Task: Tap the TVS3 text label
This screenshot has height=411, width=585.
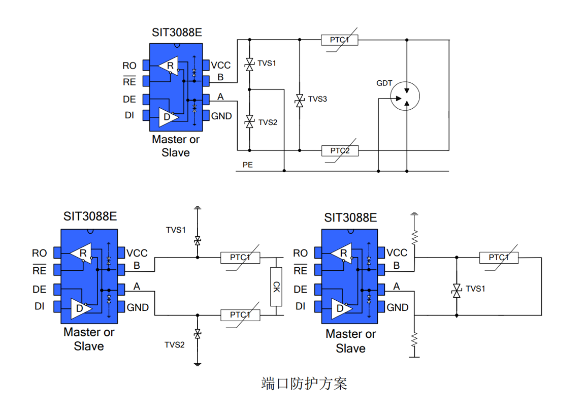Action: click(317, 99)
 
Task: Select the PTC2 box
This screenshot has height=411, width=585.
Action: click(340, 151)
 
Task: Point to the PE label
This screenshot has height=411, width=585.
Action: click(248, 165)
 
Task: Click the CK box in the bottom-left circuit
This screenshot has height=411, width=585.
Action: click(276, 287)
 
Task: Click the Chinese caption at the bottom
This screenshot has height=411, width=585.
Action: click(304, 384)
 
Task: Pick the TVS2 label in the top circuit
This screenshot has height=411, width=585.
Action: click(268, 122)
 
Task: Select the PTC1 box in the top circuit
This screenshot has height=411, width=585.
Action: click(340, 40)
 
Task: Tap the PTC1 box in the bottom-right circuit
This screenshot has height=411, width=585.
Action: click(499, 258)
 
